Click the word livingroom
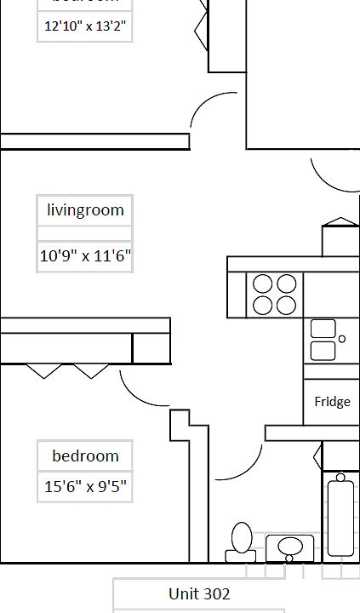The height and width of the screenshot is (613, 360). [85, 210]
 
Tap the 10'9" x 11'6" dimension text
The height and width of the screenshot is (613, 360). [85, 255]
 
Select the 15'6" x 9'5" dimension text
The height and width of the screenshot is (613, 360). [85, 488]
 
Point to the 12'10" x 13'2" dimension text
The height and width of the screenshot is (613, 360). [85, 26]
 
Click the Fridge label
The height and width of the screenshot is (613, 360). [332, 402]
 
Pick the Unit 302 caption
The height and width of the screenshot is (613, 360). [199, 593]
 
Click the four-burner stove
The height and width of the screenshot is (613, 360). [275, 295]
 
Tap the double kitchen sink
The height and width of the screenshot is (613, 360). [323, 340]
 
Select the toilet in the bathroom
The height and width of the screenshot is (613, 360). [241, 541]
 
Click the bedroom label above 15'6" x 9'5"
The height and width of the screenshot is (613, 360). [85, 455]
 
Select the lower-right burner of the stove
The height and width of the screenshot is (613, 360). [286, 305]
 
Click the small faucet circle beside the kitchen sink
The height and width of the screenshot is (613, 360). [342, 339]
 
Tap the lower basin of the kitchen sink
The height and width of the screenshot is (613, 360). [323, 350]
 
